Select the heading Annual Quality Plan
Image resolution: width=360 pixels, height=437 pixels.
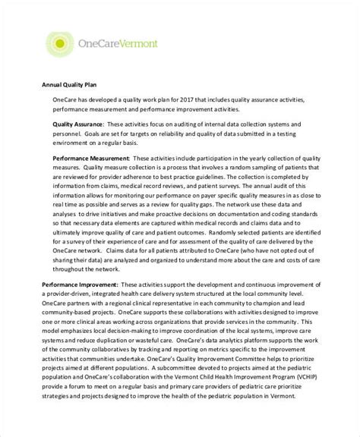click(65, 83)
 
